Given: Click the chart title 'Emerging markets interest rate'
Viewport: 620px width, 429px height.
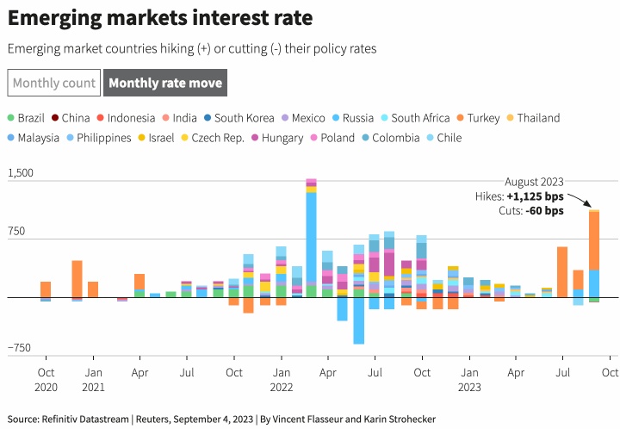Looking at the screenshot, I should (x=160, y=17).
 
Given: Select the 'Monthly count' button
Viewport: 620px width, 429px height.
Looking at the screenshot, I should (x=53, y=84).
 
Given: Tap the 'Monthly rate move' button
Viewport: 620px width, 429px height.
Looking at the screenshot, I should (x=165, y=84).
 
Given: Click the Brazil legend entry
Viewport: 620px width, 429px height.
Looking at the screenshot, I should (x=31, y=118).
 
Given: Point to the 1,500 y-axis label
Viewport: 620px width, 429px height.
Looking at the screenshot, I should (x=20, y=173).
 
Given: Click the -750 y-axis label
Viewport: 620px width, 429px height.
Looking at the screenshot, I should (x=20, y=348).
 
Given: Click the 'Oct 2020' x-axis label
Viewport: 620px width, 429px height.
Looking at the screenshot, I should (x=46, y=380).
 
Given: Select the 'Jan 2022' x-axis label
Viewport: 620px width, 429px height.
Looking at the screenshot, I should (x=280, y=380).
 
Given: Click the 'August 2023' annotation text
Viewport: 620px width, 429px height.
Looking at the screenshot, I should (x=534, y=182).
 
